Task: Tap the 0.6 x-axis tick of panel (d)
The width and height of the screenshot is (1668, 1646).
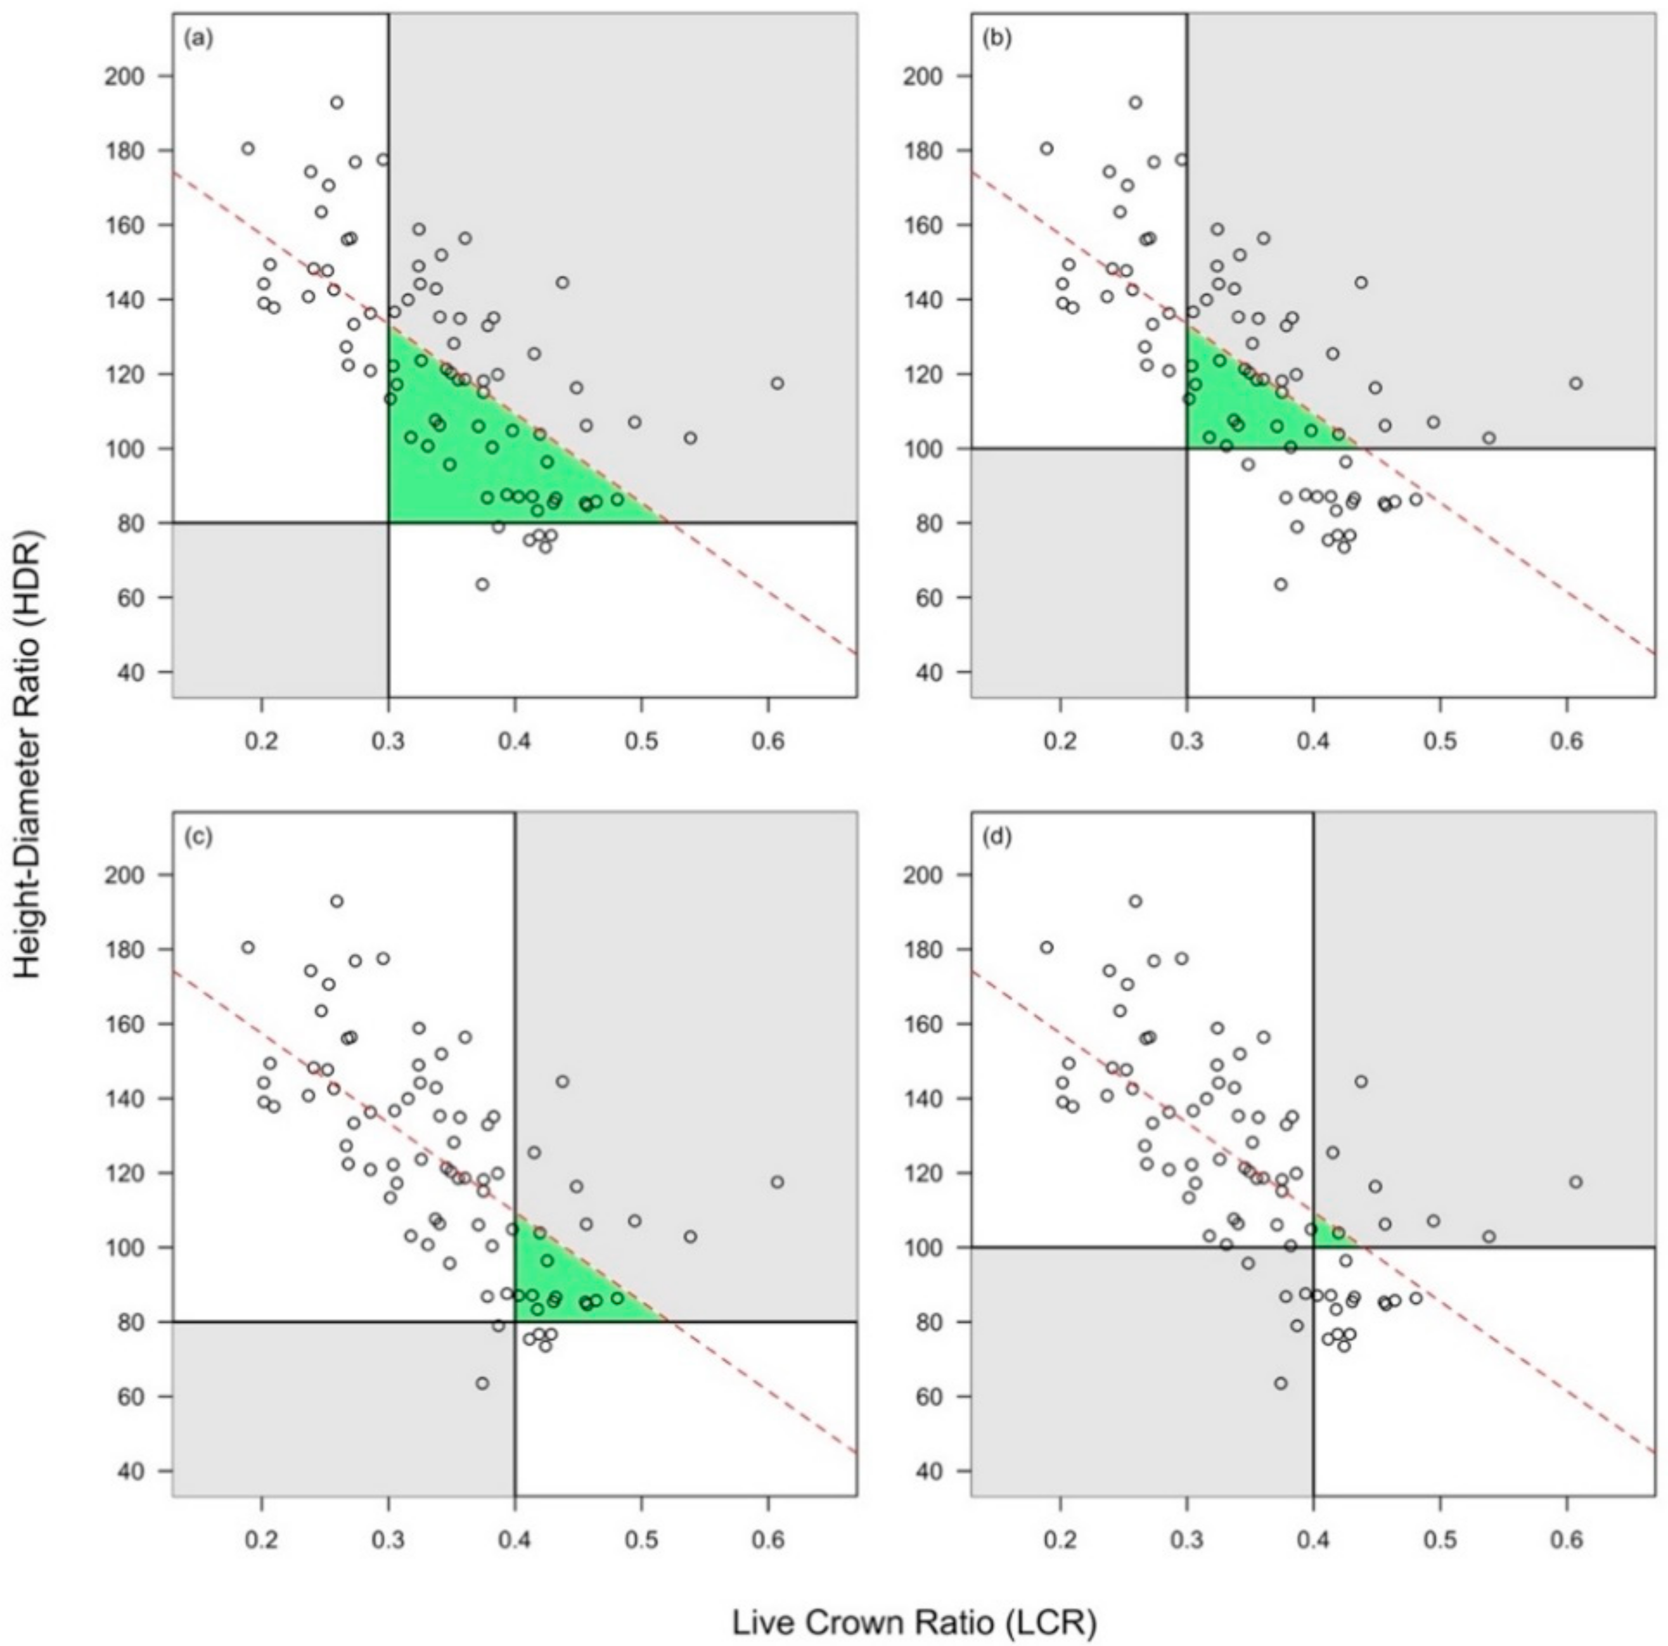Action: (x=1566, y=1539)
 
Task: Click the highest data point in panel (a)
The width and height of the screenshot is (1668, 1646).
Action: (x=337, y=103)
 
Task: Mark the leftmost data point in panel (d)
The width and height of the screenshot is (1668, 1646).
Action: (x=1046, y=947)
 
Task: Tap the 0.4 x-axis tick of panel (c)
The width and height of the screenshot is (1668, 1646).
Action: (x=515, y=1539)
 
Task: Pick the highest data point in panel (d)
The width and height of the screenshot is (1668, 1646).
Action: (x=1135, y=902)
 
